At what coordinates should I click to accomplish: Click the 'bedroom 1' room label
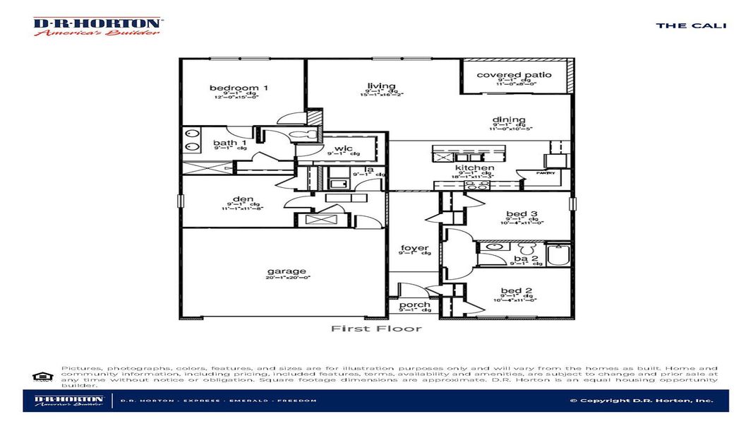click(x=239, y=88)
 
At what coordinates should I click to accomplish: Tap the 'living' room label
click(x=382, y=86)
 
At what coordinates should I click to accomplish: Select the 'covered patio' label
click(x=514, y=75)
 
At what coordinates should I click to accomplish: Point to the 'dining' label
click(x=508, y=120)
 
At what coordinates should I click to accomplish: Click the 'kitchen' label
click(x=474, y=168)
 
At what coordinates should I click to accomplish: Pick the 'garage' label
click(x=287, y=271)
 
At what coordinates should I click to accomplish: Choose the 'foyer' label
click(x=415, y=248)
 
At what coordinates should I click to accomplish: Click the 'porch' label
click(x=415, y=305)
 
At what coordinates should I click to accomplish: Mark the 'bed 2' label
click(x=517, y=290)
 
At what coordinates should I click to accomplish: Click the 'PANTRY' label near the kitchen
click(x=546, y=173)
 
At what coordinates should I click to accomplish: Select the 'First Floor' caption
click(x=376, y=329)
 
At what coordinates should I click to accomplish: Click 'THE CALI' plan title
click(x=690, y=25)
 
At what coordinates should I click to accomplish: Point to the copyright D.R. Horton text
click(x=641, y=401)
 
